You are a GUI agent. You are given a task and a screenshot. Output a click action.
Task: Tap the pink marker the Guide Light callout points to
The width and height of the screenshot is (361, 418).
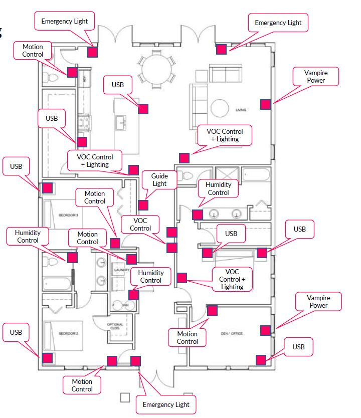[x=143, y=204]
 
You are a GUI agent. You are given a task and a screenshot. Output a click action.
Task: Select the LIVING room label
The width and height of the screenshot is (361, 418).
[x=240, y=109]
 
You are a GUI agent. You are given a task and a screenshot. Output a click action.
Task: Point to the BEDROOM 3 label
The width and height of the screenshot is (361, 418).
[x=69, y=215]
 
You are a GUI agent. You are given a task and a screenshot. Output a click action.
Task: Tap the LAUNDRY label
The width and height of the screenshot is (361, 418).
[x=122, y=270]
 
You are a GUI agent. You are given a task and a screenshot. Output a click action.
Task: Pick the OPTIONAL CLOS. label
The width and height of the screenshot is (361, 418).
[x=115, y=326]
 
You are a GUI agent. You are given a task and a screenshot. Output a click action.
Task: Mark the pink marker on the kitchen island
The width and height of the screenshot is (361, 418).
[x=143, y=109]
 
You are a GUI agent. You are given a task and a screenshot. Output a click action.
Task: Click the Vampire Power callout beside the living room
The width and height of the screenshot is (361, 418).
[x=315, y=77]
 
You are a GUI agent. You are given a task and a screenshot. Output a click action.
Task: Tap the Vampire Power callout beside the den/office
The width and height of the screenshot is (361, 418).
[x=318, y=302]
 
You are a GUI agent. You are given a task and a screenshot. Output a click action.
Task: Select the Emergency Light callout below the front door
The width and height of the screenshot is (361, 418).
[x=166, y=404]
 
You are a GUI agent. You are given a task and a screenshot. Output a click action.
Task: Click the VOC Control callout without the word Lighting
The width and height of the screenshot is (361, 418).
[x=140, y=224]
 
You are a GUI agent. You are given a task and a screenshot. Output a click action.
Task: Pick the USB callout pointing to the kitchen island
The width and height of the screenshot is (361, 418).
[x=118, y=85]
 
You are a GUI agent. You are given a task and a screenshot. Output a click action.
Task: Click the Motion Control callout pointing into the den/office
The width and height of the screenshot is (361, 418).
[x=187, y=338]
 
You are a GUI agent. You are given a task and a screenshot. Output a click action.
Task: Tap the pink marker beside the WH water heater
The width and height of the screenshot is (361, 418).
[x=134, y=294]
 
